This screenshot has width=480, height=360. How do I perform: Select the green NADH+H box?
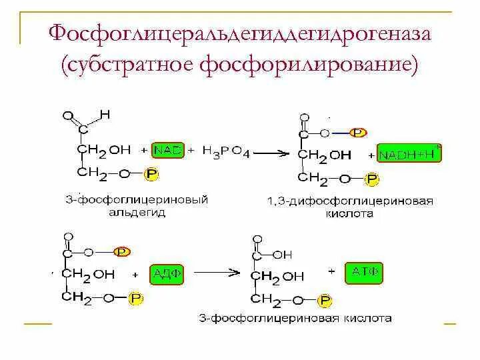[407, 155]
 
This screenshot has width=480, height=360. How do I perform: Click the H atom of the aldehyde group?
[105, 115]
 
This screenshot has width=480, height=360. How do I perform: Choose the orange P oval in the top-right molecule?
[359, 133]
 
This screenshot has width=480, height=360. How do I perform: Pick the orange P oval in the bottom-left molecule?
[121, 251]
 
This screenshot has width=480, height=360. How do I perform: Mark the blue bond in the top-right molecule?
[341, 133]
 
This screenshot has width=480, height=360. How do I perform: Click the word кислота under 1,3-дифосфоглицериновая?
[350, 215]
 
